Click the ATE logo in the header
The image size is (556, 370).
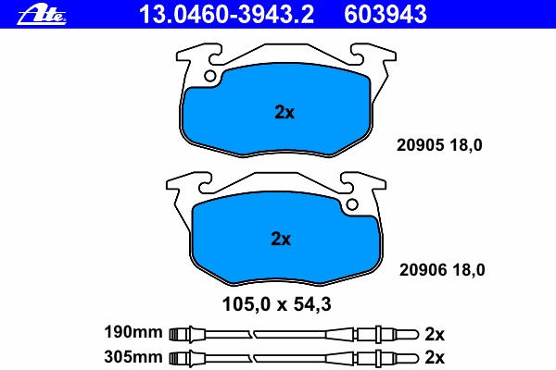tap(42, 15)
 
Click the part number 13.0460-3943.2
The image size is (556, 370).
tap(226, 14)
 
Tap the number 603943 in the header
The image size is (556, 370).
tap(385, 14)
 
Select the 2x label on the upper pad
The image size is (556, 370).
tap(284, 112)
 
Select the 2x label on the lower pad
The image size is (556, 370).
tap(281, 239)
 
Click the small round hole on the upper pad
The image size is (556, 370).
tap(210, 76)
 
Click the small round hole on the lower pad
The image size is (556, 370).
tap(352, 204)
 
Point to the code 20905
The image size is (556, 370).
tap(420, 145)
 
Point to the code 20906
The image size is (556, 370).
tap(423, 270)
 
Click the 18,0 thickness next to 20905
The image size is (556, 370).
tap(466, 145)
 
